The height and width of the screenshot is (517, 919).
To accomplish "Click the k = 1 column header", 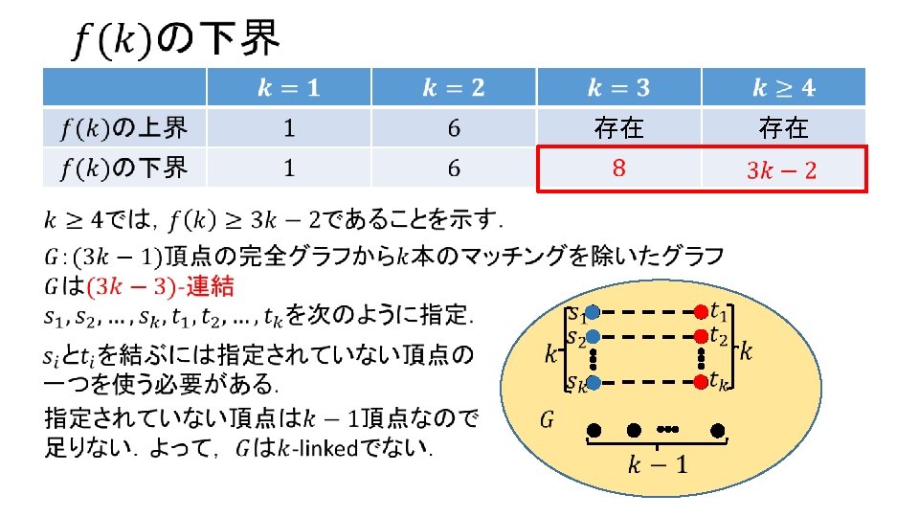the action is point(289,88).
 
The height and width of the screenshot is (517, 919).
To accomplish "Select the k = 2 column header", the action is point(454,88).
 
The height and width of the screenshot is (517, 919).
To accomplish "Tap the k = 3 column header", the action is point(618,88).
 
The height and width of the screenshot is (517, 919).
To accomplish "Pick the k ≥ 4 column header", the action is point(783,88).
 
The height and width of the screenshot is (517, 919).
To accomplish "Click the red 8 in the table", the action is point(618,169).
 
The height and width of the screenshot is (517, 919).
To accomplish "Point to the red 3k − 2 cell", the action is point(782,170).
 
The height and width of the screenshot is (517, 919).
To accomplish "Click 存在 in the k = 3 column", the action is point(618,127).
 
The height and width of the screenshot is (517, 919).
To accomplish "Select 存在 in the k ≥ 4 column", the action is point(783,127).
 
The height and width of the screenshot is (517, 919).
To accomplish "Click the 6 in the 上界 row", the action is point(454,127).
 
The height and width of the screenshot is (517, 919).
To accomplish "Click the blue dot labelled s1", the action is point(594,312).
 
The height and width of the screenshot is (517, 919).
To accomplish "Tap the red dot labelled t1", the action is point(700,312).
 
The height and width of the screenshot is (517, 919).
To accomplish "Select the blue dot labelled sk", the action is point(594,383).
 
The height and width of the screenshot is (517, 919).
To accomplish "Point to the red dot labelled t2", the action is point(700,337).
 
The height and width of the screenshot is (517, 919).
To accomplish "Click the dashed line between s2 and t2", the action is point(646,337).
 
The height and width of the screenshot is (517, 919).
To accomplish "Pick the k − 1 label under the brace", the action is point(656,466).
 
